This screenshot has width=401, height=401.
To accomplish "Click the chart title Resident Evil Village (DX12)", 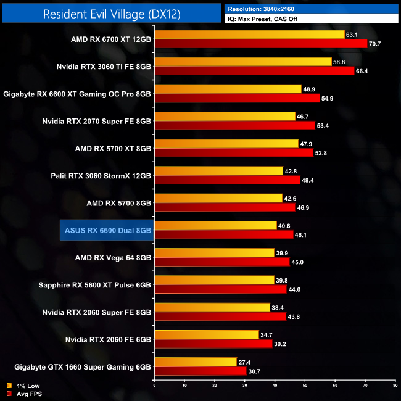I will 112,14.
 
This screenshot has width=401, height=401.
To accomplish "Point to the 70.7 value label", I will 376,44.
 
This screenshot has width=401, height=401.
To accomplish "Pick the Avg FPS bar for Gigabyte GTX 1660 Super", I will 200,371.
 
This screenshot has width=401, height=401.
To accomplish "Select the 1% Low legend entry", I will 20,386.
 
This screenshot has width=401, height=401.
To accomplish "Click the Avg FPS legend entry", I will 20,393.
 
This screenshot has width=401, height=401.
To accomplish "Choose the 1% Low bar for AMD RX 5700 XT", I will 225,144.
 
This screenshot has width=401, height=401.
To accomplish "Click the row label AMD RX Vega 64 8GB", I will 113,257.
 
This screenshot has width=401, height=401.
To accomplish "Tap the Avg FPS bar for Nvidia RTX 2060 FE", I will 213,344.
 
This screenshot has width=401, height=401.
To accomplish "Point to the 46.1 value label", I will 302,234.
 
